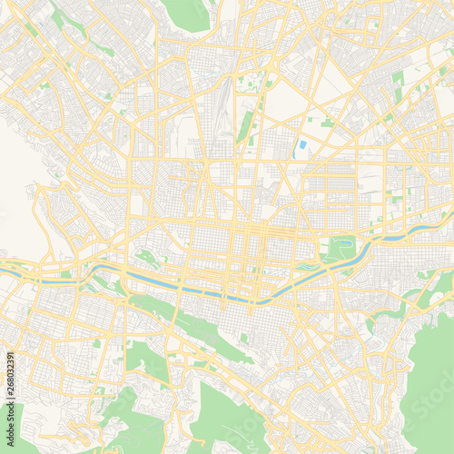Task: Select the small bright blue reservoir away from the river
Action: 301,148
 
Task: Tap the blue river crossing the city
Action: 227,296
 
